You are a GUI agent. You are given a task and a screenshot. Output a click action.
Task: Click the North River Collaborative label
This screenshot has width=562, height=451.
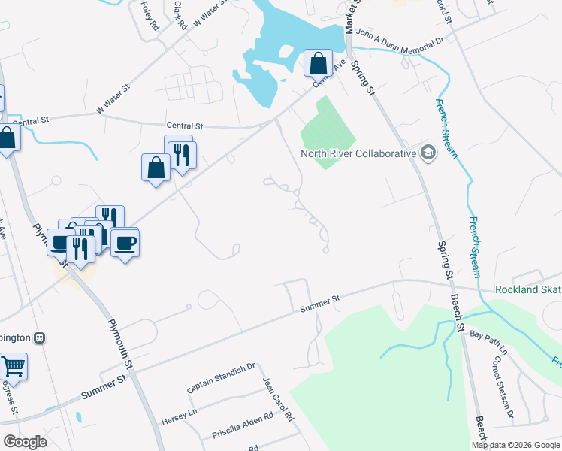pyautogui.click(x=358, y=153)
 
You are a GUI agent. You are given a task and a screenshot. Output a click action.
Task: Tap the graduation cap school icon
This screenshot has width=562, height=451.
pyautogui.click(x=428, y=153)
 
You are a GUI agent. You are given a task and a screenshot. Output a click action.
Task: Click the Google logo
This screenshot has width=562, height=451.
pyautogui.click(x=25, y=442)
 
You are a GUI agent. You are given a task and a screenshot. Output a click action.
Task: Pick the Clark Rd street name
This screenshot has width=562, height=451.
pyautogui.click(x=179, y=14)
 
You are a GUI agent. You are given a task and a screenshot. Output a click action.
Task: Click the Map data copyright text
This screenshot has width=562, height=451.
pyautogui.click(x=516, y=444)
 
